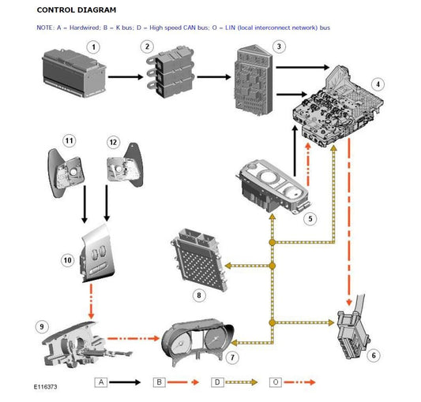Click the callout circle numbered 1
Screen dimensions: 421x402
click(93, 47)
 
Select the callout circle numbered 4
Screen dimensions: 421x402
click(378, 84)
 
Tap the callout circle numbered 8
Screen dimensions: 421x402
click(199, 295)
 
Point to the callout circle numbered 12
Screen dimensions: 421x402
click(113, 142)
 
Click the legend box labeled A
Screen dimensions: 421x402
click(101, 382)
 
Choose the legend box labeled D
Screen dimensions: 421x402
click(217, 382)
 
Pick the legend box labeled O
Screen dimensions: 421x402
click(276, 382)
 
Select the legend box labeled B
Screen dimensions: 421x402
click(160, 382)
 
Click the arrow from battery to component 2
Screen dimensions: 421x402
click(126, 77)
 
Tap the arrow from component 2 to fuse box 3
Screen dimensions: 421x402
click(214, 77)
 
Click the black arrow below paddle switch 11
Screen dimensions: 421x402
click(85, 204)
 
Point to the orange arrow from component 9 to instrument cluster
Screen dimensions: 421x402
click(133, 338)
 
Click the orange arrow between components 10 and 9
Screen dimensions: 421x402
click(92, 301)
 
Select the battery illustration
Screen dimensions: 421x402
click(74, 73)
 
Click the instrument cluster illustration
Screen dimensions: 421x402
click(197, 341)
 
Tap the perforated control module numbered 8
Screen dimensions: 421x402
click(199, 259)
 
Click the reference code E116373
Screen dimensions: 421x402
click(45, 387)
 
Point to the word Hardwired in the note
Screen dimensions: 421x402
click(84, 28)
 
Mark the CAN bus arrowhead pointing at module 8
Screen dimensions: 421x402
click(227, 266)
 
